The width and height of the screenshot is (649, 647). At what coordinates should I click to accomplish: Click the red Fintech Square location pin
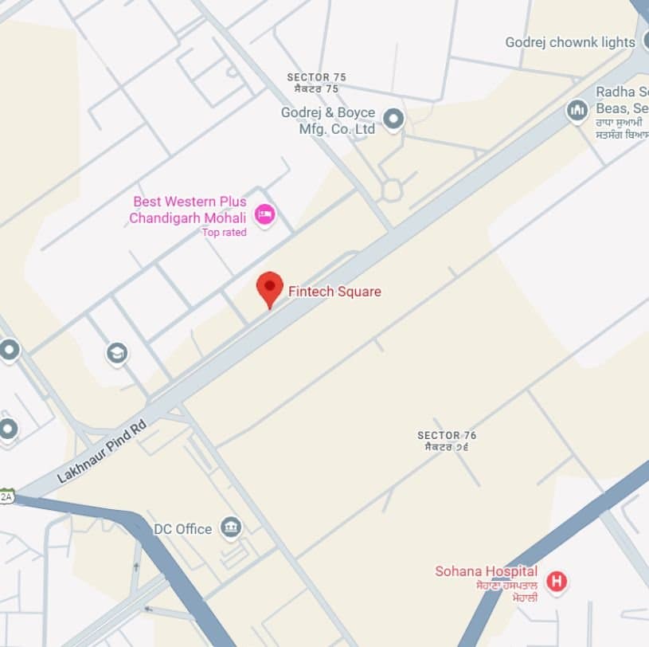tap(270, 287)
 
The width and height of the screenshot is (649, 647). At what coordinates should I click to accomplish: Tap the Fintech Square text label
tap(334, 292)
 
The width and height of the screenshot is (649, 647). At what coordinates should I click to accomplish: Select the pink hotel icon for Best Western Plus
tap(264, 213)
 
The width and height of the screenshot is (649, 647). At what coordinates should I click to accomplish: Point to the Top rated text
tap(224, 233)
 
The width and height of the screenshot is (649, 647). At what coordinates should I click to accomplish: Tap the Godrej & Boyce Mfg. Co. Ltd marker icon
tap(393, 120)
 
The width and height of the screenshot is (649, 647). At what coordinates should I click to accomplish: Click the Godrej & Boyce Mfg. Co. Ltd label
tap(327, 121)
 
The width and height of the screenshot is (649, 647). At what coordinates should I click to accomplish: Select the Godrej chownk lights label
tap(569, 42)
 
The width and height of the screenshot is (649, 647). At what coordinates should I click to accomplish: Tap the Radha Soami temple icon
tap(577, 111)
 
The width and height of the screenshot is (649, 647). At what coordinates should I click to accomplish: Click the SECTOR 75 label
tap(317, 83)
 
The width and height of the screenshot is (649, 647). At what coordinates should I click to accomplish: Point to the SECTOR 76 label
tap(447, 441)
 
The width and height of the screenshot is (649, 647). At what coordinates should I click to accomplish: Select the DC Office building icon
tap(231, 527)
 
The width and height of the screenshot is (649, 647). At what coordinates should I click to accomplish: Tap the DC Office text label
tap(183, 529)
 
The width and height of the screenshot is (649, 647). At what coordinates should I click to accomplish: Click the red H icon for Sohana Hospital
tap(557, 582)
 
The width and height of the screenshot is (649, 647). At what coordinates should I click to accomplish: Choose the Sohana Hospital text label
tap(486, 571)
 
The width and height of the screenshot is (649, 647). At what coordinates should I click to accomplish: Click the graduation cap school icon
tap(117, 353)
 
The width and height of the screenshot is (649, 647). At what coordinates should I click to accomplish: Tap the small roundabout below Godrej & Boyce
tap(391, 190)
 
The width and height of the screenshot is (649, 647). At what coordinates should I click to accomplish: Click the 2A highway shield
tap(6, 496)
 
